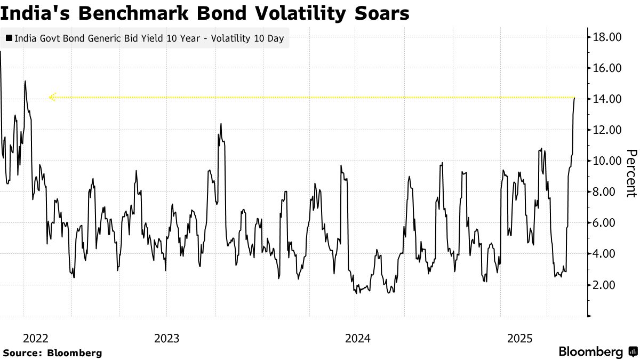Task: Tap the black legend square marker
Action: [x=9, y=38]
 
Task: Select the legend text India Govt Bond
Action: [x=45, y=38]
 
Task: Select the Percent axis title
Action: [x=631, y=173]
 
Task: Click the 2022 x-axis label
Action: [x=35, y=338]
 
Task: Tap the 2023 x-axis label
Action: [x=166, y=338]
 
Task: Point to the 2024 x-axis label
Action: [x=358, y=338]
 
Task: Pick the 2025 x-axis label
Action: [x=520, y=338]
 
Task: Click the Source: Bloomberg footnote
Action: [x=52, y=353]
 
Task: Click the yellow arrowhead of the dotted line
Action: [x=52, y=97]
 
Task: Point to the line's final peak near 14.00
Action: [x=574, y=98]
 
